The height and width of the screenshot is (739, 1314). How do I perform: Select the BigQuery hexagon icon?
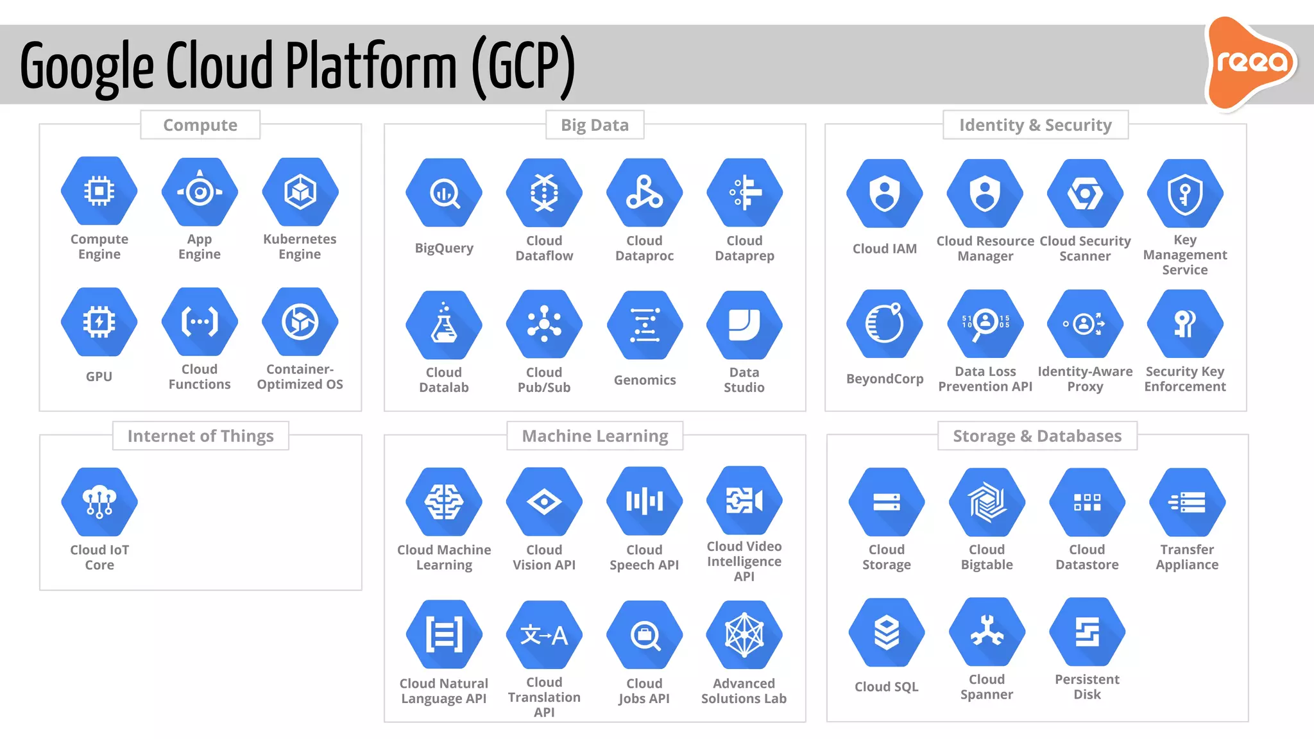pos(444,192)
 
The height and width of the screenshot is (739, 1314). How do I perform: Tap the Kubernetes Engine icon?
pos(300,192)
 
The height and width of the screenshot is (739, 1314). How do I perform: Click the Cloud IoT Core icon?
pos(99,502)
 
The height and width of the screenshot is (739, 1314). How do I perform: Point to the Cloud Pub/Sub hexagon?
pos(544,324)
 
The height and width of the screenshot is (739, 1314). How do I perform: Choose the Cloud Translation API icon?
pos(544,634)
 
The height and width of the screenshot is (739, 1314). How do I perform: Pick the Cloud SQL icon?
pos(887,633)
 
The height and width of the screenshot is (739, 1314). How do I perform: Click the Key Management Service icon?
pos(1185,193)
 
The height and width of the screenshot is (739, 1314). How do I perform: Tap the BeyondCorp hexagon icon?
pos(885,323)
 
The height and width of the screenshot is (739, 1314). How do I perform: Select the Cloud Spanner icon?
pos(987,632)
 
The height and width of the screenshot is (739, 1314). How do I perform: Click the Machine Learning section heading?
pos(595,436)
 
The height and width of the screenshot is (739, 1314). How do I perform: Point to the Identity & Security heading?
pos(1035,125)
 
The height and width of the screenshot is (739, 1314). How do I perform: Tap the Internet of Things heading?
pos(200,436)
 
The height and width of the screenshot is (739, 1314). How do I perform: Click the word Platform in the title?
pos(371,66)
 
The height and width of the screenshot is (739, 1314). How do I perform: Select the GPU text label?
pos(99,377)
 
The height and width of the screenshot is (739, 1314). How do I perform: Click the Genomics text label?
pos(645,380)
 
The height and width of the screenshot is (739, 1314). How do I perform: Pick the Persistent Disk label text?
pos(1087,686)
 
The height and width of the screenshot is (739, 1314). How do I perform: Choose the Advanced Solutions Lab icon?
pos(744,634)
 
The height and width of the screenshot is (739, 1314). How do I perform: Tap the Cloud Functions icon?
pos(200,322)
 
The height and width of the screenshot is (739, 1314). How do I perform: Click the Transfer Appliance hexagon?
pos(1187,502)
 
